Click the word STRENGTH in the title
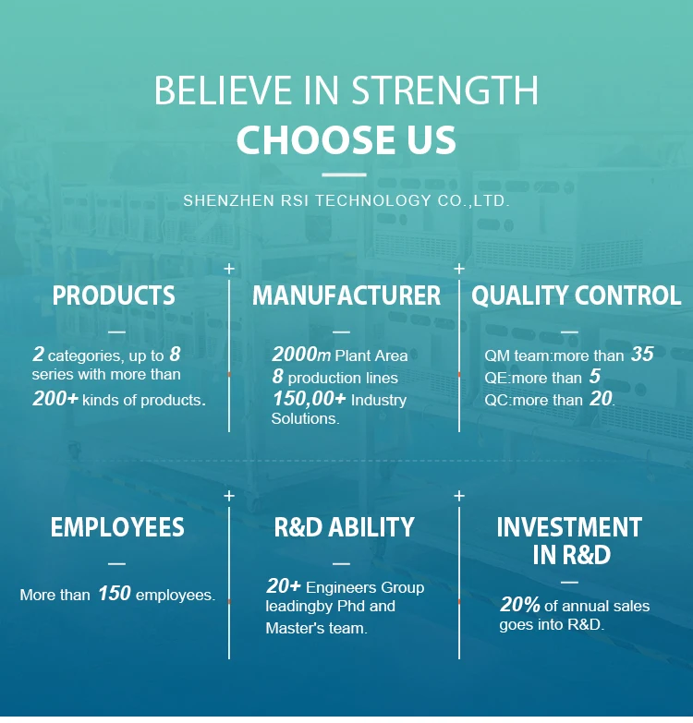(x=445, y=90)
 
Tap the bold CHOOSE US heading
(x=346, y=139)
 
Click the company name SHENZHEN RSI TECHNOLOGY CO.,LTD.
(x=346, y=201)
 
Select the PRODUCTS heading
(x=114, y=295)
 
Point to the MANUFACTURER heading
(x=346, y=295)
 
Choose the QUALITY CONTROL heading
(x=576, y=295)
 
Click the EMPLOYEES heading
(x=117, y=527)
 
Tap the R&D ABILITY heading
(x=345, y=527)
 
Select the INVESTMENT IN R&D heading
(x=569, y=541)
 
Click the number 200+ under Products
(x=55, y=399)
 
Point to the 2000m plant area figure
(x=301, y=355)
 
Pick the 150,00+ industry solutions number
(x=309, y=399)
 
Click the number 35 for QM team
(x=642, y=355)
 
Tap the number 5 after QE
(x=595, y=376)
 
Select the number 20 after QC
(x=601, y=398)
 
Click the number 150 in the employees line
(x=115, y=594)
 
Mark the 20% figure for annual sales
(x=519, y=605)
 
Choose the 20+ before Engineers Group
(x=284, y=586)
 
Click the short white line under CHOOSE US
(x=345, y=175)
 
